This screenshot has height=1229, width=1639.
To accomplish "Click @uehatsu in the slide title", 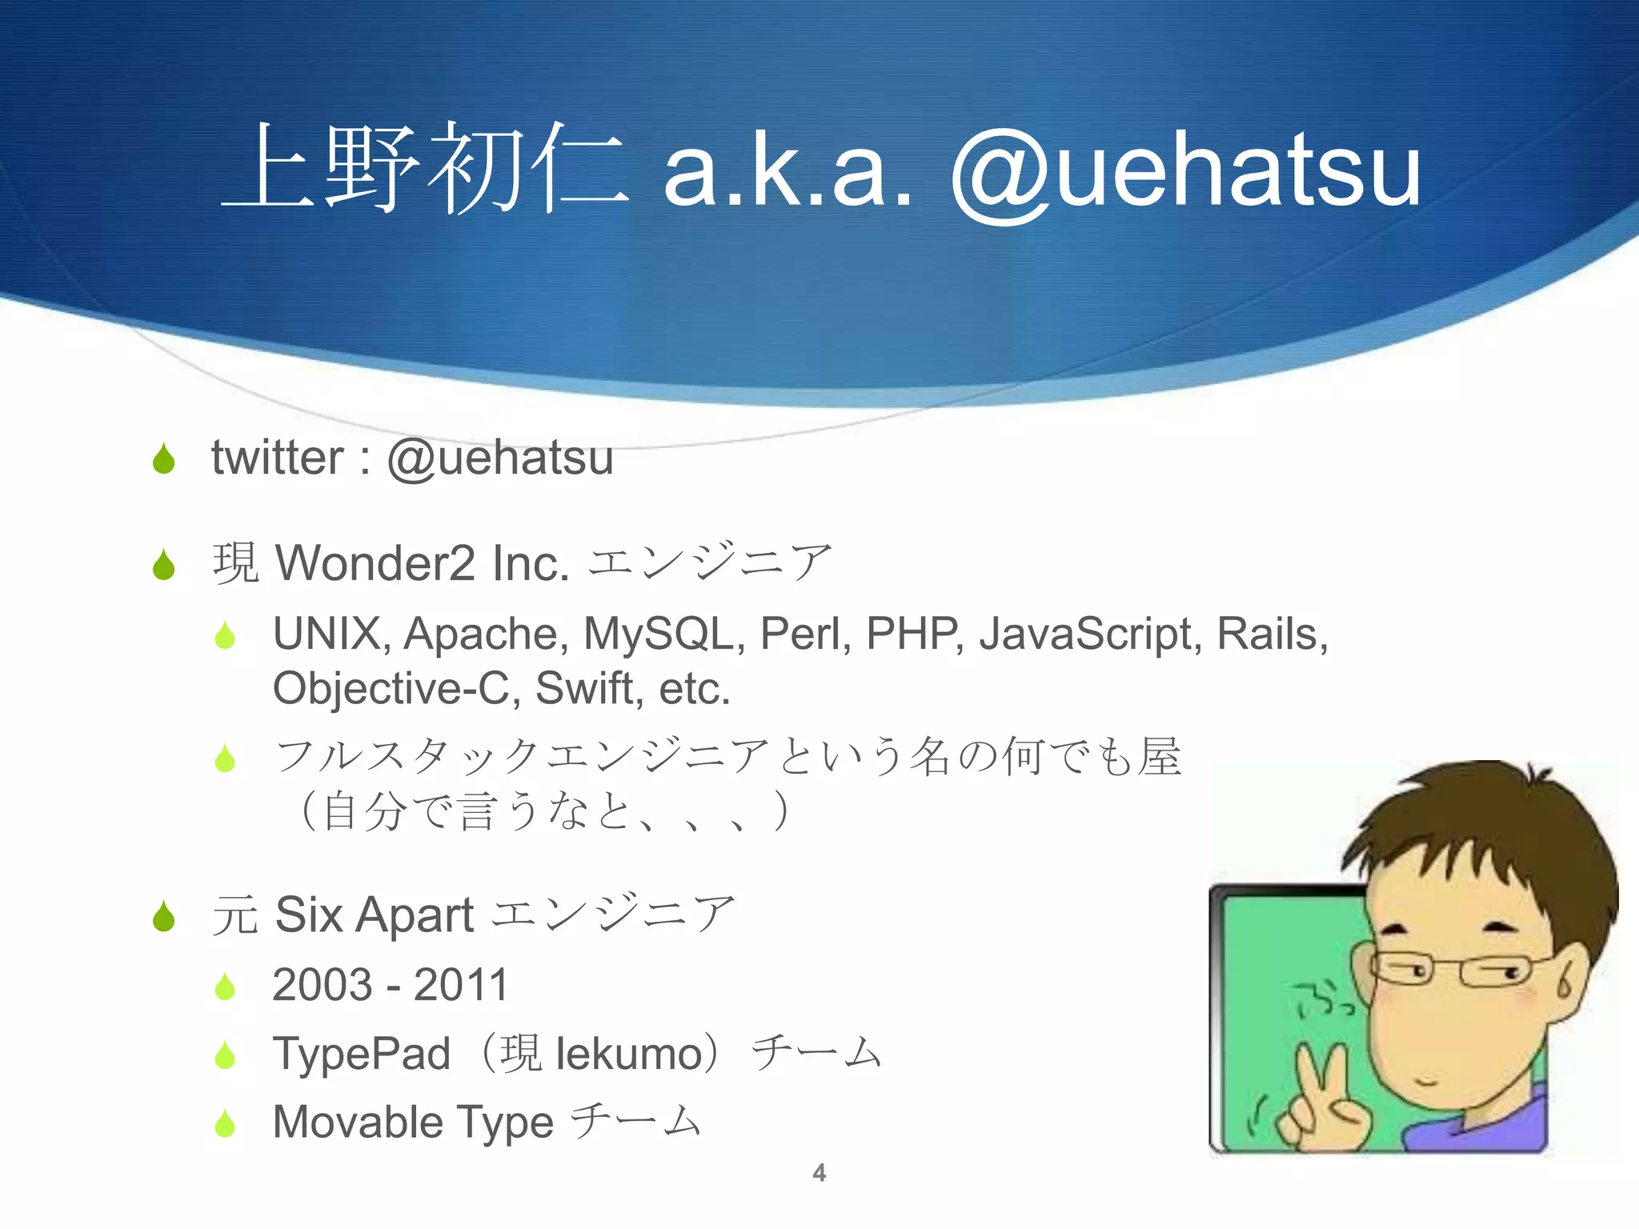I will (x=1184, y=172).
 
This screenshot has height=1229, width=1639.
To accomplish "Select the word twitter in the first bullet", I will (x=277, y=458).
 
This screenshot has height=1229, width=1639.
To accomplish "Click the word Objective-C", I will (x=391, y=688).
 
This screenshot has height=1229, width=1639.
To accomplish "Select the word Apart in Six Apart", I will (x=415, y=915).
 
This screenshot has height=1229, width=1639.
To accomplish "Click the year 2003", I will (x=323, y=984).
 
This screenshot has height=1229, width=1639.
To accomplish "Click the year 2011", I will (x=462, y=984).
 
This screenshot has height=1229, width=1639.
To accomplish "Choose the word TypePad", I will (x=362, y=1053).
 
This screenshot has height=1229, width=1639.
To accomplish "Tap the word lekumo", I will (x=629, y=1054).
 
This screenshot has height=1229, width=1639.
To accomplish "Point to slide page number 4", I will (x=819, y=1173).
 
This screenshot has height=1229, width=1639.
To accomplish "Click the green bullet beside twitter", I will (x=164, y=458).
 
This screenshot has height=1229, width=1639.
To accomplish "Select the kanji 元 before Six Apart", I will (x=234, y=915).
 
